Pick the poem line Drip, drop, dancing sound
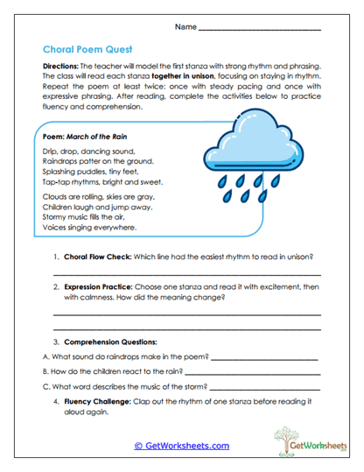(81, 151)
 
